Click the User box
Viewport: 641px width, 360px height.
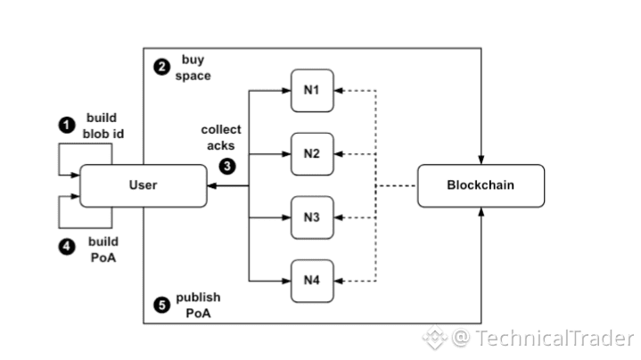point(143,184)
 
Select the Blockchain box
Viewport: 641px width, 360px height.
point(481,185)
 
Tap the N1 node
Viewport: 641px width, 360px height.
point(311,90)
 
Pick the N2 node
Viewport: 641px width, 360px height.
point(311,153)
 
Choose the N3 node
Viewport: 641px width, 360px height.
point(311,217)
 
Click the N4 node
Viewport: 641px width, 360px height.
point(311,280)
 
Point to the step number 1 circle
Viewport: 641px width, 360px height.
point(67,125)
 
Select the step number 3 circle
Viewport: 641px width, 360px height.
point(228,165)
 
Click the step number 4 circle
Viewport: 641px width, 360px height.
point(67,249)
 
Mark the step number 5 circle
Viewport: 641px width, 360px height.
point(160,304)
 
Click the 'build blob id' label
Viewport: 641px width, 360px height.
point(102,125)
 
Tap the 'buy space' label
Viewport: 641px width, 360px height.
point(193,68)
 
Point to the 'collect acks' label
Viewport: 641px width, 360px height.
point(220,137)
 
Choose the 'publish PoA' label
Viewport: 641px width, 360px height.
point(198,304)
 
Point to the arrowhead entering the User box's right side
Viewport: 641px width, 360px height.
point(210,185)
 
